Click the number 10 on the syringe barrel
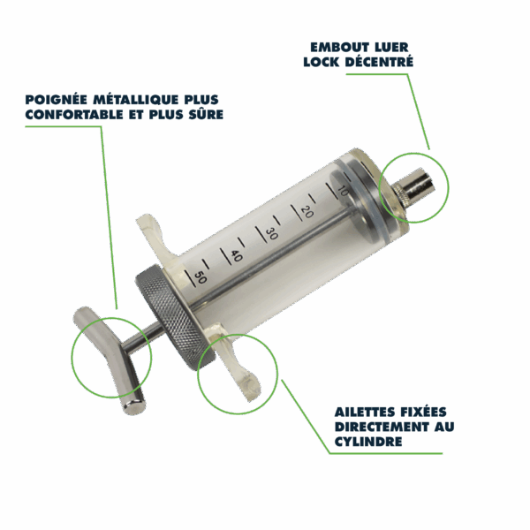tap(343, 192)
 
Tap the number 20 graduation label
tap(307, 212)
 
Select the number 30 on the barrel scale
tap(271, 233)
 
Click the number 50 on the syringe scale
tap(201, 277)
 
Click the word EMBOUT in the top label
tap(336, 48)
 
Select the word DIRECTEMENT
tap(382, 427)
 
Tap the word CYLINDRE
tap(368, 442)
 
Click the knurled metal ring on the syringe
tap(173, 318)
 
